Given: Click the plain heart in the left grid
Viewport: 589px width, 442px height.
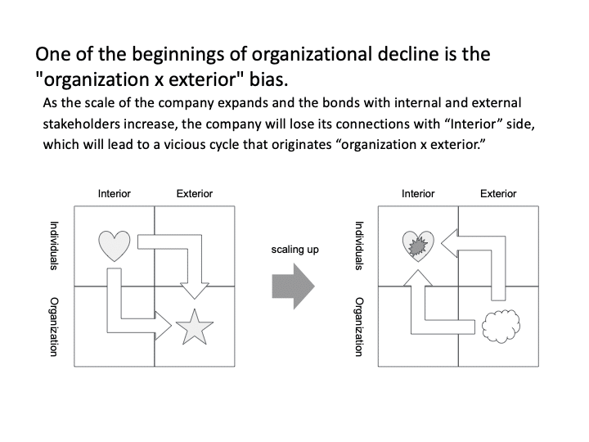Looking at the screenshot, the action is click(115, 246).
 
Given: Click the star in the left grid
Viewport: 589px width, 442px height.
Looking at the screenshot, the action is click(194, 327).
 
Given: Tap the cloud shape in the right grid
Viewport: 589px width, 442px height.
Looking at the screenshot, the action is click(501, 327).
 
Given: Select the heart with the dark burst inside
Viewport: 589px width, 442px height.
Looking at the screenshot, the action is click(418, 246).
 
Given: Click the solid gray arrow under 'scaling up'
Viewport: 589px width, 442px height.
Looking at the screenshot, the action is click(294, 286).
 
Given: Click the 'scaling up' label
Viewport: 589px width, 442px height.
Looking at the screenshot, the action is click(294, 250).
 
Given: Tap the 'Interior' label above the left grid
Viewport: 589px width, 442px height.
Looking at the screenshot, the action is click(115, 193).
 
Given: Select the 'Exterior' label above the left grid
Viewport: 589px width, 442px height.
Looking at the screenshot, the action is click(195, 193).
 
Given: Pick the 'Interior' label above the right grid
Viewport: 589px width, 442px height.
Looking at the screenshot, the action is click(418, 193).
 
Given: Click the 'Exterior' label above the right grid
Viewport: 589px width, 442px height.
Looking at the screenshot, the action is click(498, 193).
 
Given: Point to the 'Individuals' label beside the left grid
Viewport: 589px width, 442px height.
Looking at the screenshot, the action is click(54, 246).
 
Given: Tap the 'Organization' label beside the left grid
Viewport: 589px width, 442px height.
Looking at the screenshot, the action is click(54, 327).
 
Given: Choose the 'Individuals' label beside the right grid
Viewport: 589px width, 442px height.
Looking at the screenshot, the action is click(359, 246).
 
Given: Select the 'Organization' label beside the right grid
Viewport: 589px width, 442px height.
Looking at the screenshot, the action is click(359, 327).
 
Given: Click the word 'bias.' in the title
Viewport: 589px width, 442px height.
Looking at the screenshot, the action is click(269, 79).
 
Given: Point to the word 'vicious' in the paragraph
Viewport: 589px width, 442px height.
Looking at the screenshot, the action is click(180, 144).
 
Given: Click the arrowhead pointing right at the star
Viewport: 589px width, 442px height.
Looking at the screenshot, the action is click(164, 326).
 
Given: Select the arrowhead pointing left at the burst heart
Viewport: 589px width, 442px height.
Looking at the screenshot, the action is click(449, 243).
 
